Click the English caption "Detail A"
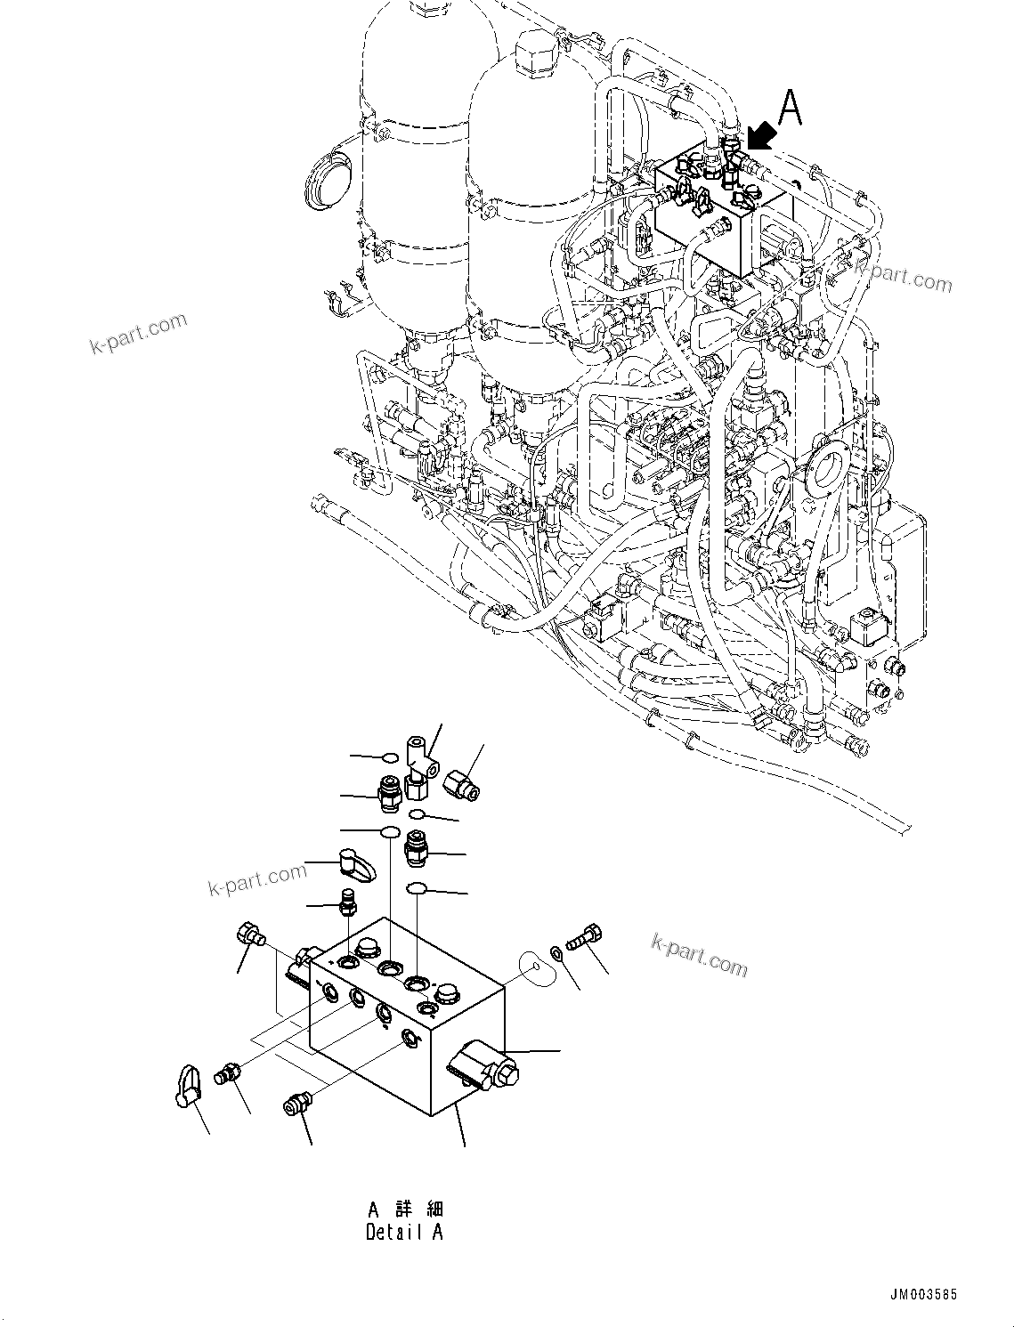coord(403,1233)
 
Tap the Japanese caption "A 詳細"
coord(405,1209)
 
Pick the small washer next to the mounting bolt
coord(556,953)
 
